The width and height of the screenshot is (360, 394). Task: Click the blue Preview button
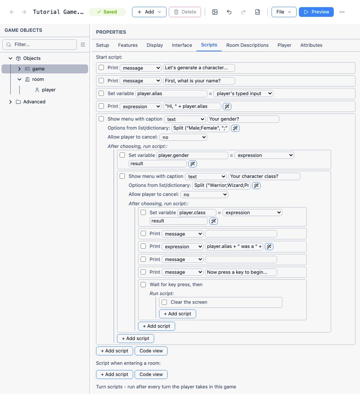(x=316, y=12)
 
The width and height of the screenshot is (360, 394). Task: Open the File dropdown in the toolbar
(x=284, y=12)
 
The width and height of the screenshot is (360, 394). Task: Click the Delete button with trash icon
(x=185, y=12)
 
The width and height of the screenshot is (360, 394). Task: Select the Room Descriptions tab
(x=247, y=45)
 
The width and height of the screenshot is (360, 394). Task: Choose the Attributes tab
(x=311, y=45)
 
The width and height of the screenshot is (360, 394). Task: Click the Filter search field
(x=39, y=45)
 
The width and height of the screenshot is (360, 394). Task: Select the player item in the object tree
(x=48, y=90)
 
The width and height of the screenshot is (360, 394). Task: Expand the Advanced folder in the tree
(x=10, y=102)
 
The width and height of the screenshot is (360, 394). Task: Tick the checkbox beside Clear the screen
(x=164, y=302)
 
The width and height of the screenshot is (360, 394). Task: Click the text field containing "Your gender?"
(x=243, y=119)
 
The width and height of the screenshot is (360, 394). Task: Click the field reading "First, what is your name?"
(x=199, y=81)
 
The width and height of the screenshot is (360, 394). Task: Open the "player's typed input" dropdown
(x=243, y=94)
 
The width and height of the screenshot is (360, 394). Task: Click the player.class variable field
(x=196, y=213)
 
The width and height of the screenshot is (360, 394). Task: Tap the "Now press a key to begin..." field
(x=241, y=272)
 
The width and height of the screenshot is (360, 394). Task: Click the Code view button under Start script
(x=151, y=351)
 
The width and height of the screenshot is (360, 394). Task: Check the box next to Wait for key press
(x=143, y=284)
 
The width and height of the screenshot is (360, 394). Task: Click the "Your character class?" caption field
(x=264, y=176)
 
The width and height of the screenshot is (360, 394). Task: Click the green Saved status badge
(x=107, y=12)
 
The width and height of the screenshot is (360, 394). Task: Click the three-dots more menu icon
(x=342, y=12)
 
